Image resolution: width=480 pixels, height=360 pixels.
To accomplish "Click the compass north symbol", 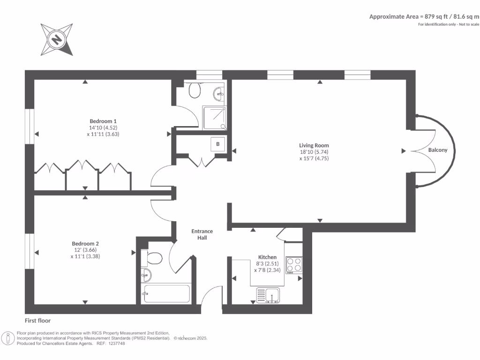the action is (x=57, y=39).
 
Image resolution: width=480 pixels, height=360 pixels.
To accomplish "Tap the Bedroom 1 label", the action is (x=103, y=121).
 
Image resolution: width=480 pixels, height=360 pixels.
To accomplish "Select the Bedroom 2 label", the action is (x=85, y=244).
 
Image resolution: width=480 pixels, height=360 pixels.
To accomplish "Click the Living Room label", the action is (x=314, y=145).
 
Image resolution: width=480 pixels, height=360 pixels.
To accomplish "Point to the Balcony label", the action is (x=438, y=150).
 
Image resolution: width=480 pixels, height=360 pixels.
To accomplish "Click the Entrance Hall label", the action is (x=202, y=234).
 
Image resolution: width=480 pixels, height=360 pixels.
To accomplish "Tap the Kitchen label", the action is (x=267, y=257).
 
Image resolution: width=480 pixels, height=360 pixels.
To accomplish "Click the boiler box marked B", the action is (x=218, y=144).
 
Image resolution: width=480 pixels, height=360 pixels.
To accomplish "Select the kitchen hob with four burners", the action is (x=294, y=265).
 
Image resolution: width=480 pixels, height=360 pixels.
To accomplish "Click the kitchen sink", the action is (x=268, y=296).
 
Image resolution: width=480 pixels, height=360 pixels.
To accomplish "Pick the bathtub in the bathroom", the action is (x=167, y=293).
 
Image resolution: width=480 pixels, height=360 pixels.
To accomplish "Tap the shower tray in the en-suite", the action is (x=214, y=118).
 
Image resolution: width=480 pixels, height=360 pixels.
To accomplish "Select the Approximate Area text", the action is (x=424, y=17).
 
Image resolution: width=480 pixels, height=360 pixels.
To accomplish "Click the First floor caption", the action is (x=37, y=321).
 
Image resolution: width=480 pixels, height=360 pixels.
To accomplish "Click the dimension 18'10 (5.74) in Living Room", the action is (x=314, y=152).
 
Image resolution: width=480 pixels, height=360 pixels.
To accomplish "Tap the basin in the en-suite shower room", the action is (x=219, y=93).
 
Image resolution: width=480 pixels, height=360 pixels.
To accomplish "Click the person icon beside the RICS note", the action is (x=7, y=338).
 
